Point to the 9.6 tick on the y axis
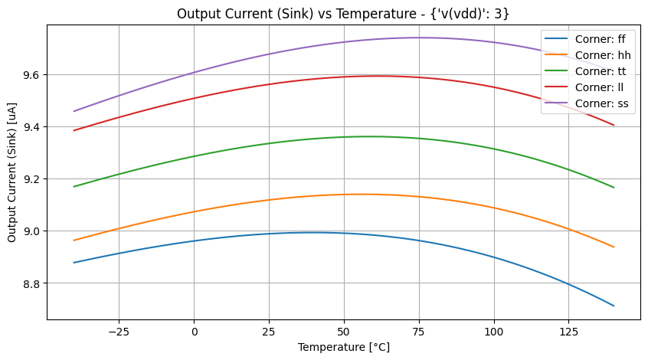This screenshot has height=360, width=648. click(33, 75)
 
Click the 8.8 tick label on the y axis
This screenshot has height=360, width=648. click(33, 283)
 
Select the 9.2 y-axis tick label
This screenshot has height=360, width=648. click(33, 179)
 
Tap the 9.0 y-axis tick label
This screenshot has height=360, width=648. click(33, 231)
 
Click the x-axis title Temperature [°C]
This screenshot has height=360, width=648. click(343, 347)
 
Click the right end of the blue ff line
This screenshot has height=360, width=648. click(614, 306)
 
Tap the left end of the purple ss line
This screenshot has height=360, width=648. click(74, 111)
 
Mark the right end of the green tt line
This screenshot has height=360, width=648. click(614, 188)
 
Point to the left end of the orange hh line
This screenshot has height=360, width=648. click(74, 241)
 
